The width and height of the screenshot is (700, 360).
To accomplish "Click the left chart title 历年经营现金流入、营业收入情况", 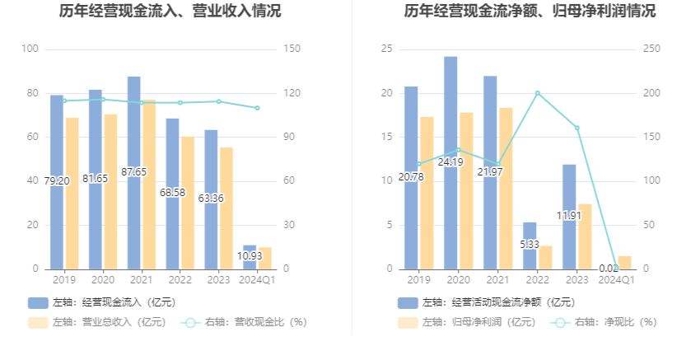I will [x=170, y=12].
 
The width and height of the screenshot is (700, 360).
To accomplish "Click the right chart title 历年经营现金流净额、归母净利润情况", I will [x=530, y=12].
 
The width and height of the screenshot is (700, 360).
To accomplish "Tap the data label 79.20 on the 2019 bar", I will [x=56, y=181].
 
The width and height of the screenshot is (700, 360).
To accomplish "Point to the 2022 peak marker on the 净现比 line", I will [x=538, y=93].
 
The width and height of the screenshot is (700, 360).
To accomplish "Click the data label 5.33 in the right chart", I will [x=530, y=244].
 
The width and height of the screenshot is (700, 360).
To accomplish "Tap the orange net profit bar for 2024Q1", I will [x=625, y=263].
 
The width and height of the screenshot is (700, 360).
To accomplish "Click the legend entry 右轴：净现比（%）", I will [x=604, y=322].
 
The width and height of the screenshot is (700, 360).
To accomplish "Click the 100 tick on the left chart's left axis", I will [x=30, y=49].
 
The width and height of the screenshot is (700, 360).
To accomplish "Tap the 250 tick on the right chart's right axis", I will [x=651, y=49].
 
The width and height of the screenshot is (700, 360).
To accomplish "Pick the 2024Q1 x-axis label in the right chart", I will [x=616, y=280].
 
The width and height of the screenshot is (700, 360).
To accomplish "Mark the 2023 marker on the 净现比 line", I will [x=576, y=128].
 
